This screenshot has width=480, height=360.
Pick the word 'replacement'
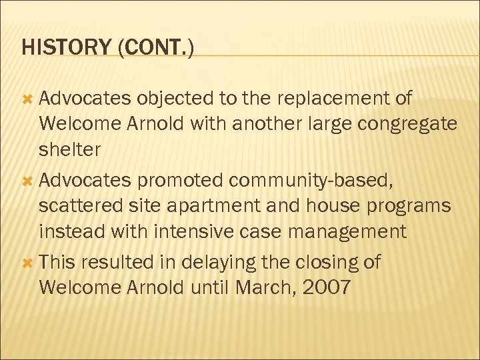point(334,99)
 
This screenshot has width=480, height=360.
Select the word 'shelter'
point(70,150)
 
